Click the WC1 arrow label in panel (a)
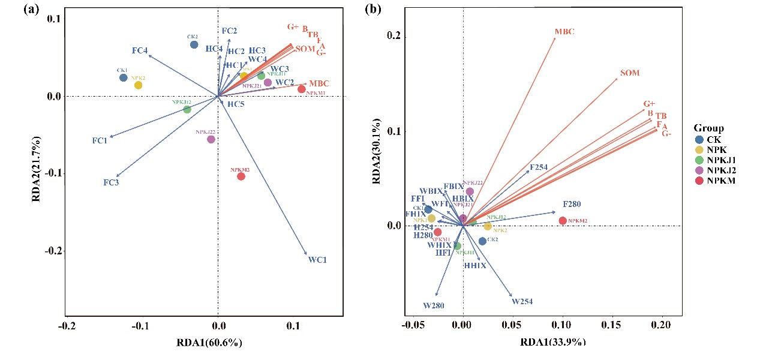click(x=317, y=260)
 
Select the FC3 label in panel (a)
click(x=111, y=182)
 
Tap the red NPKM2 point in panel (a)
click(x=241, y=176)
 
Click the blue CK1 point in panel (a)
click(x=123, y=77)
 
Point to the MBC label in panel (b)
click(x=564, y=31)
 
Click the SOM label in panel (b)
click(x=630, y=73)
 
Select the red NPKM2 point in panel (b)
click(x=563, y=221)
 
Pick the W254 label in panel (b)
click(x=522, y=302)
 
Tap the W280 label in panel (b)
click(x=433, y=305)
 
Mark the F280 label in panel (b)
click(x=572, y=204)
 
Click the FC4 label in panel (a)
click(x=140, y=51)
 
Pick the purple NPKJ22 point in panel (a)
click(x=211, y=139)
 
